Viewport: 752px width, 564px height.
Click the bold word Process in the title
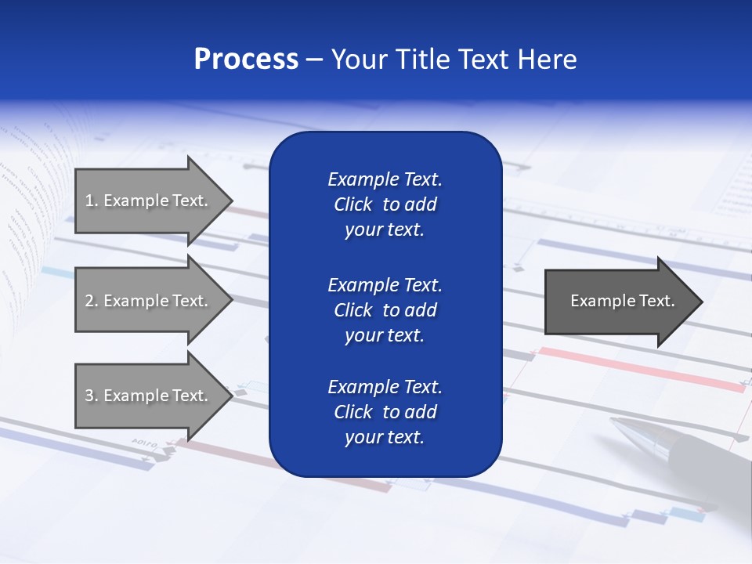[x=246, y=60]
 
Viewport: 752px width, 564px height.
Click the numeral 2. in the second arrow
[x=92, y=301]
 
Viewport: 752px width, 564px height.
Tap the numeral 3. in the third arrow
[x=92, y=396]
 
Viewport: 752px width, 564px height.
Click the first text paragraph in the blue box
[x=385, y=204]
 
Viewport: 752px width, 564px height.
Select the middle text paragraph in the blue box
[x=385, y=310]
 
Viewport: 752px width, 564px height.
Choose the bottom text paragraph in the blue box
[x=385, y=412]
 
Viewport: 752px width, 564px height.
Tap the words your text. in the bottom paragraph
[x=385, y=437]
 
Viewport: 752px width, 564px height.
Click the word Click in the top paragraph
[x=353, y=204]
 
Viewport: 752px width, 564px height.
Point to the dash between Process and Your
[x=315, y=60]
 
